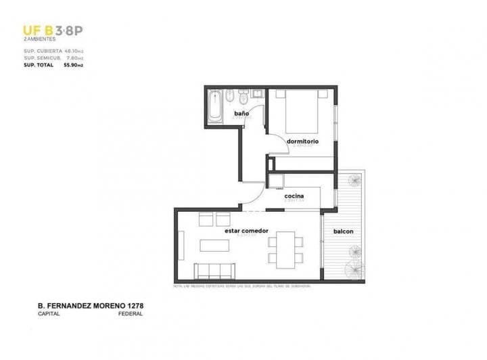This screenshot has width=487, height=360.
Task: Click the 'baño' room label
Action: coord(241,114)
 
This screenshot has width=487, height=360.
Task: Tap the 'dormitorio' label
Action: coord(302,141)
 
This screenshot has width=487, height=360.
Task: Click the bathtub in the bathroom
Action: coord(215,107)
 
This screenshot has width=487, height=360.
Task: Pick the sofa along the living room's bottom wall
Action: coord(214,271)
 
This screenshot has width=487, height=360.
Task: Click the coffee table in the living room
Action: coord(216,245)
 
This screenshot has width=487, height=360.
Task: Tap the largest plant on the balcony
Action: coord(354,269)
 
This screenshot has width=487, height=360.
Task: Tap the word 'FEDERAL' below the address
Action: coord(129,315)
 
